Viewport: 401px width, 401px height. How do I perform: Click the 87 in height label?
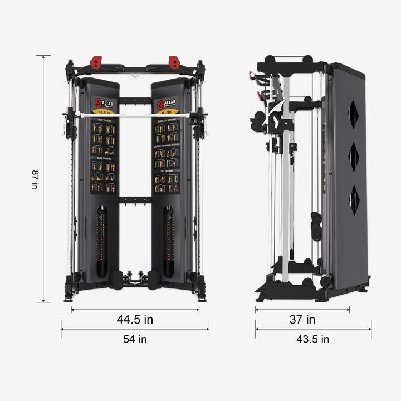pos(35,179)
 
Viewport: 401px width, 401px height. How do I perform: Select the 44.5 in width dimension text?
pos(135,320)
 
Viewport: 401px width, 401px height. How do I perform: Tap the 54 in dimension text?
pos(135,339)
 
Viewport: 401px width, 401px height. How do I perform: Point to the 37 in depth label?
pos(302,320)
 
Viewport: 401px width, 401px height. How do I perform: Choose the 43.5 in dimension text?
pos(313,339)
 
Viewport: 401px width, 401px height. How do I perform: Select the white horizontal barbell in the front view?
pos(135,115)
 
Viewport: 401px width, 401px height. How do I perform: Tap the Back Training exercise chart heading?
pos(104,159)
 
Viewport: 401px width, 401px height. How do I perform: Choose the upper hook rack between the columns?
pos(135,101)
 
